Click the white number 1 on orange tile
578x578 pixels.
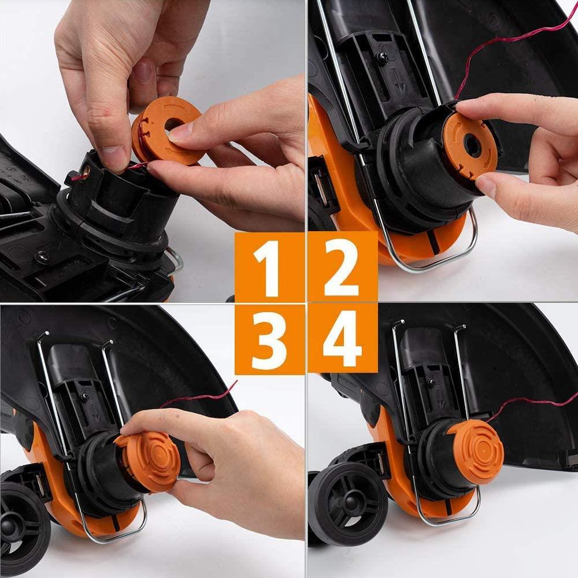coord(269,267)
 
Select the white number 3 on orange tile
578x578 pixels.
coord(269,340)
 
